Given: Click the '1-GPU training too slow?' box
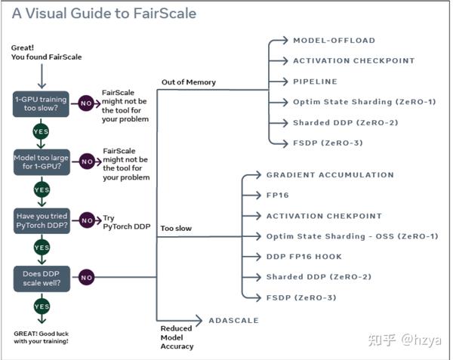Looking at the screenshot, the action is coord(41,104).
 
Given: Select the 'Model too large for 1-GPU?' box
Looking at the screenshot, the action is coord(42,162).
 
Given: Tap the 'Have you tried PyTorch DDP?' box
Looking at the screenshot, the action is coord(42,220).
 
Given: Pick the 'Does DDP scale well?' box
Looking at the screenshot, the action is coord(42,278).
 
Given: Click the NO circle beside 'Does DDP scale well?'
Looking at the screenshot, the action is coord(86,278).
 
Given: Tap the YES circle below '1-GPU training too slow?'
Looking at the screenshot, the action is coord(41,131).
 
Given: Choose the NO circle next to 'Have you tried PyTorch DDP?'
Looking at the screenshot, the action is coord(87,220).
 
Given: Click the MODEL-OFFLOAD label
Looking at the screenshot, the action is coord(334,41).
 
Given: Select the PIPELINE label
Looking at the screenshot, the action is coord(315,82).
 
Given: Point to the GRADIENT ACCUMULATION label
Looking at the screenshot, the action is coord(330,174).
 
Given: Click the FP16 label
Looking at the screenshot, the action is coord(277,195).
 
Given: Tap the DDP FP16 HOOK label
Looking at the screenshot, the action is coord(304,257).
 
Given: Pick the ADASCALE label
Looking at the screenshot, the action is coord(233,321).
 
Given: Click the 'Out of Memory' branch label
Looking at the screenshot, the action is coord(189,82).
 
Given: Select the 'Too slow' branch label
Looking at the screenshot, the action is coord(176,229).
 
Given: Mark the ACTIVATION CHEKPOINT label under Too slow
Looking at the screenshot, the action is coord(324,216).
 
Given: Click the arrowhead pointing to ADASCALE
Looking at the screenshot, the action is coord(199,320).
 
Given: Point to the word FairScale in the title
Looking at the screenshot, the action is coord(165,14).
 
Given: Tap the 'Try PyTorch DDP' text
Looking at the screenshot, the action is coord(127,223).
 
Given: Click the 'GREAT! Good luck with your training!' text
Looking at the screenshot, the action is coord(41,337).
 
